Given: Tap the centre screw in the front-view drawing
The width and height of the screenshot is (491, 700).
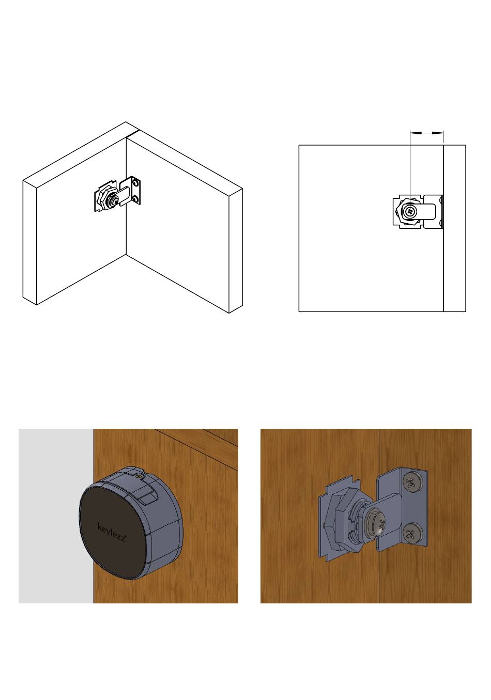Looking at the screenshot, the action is [410, 212].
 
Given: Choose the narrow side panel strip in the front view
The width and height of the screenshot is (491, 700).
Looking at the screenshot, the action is [455, 228].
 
